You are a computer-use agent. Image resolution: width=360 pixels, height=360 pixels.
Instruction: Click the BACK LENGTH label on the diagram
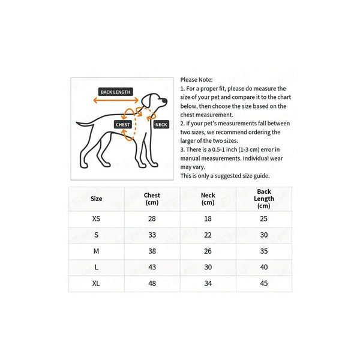pyautogui.click(x=115, y=92)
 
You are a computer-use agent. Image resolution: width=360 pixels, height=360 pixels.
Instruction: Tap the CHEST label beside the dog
pyautogui.click(x=123, y=124)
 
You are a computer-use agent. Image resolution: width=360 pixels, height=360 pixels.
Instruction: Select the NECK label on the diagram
pyautogui.click(x=161, y=124)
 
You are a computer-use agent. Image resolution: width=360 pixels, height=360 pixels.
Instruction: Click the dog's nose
pyautogui.click(x=164, y=100)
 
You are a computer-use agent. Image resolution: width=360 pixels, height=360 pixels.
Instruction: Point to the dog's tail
pyautogui.click(x=85, y=124)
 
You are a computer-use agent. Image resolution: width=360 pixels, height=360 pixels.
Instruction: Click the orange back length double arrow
pyautogui.click(x=116, y=100)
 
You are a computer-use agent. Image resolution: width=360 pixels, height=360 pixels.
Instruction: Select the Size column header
pyautogui.click(x=96, y=199)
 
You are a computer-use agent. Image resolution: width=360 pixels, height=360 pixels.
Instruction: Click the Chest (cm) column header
pyautogui.click(x=152, y=199)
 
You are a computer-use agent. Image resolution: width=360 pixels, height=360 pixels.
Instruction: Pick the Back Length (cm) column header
pyautogui.click(x=264, y=199)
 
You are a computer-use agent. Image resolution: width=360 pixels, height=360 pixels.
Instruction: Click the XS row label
pyautogui.click(x=96, y=218)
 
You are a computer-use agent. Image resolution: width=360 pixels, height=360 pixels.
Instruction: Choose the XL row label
pyautogui.click(x=96, y=283)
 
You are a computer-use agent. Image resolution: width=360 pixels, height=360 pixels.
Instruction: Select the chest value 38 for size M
pyautogui.click(x=152, y=251)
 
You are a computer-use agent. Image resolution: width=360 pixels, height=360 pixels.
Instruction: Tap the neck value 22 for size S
pyautogui.click(x=208, y=235)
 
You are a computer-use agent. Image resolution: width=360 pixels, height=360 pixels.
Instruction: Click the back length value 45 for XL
pyautogui.click(x=264, y=283)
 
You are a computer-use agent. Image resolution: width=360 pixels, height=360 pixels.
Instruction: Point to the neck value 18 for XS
pyautogui.click(x=208, y=218)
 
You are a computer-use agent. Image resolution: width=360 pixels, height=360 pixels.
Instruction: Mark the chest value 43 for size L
pyautogui.click(x=152, y=267)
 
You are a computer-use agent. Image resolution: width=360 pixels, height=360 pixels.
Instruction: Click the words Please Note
pyautogui.click(x=196, y=80)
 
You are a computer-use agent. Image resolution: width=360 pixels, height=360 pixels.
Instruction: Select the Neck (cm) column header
pyautogui.click(x=208, y=199)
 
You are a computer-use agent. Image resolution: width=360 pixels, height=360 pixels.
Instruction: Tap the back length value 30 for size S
pyautogui.click(x=264, y=235)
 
